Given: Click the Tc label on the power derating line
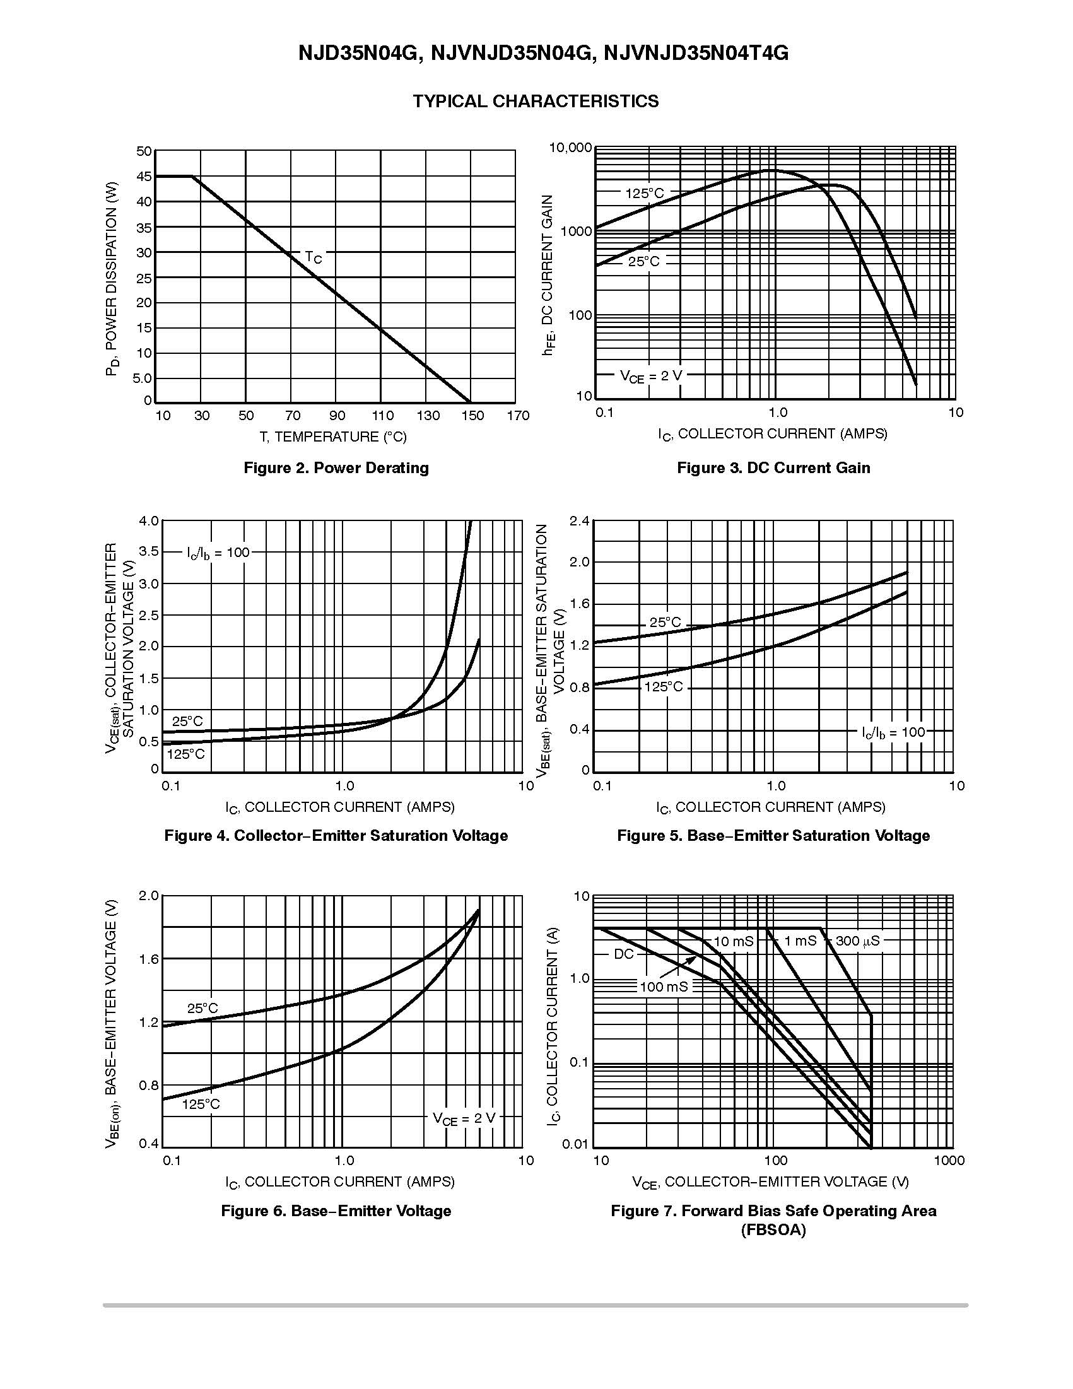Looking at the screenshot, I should click(314, 257).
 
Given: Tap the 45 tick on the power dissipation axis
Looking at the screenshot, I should click(144, 176).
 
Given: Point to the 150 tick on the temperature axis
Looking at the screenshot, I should click(472, 416).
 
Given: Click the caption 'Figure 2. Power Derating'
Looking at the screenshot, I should click(336, 468).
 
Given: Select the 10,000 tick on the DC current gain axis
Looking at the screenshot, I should click(570, 148).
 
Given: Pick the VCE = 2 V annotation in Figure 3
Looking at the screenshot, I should click(650, 376).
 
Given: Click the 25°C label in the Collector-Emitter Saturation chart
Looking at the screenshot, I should click(187, 721).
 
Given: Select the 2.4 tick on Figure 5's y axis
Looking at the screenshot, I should click(580, 522).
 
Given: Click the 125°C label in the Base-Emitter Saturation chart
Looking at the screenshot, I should click(664, 687).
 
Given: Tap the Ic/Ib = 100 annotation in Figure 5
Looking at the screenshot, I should click(893, 732).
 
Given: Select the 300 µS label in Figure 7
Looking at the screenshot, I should click(857, 941).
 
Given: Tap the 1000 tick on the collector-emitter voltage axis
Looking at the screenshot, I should click(949, 1161).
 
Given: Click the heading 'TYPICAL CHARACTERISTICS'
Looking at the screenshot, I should click(536, 102).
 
